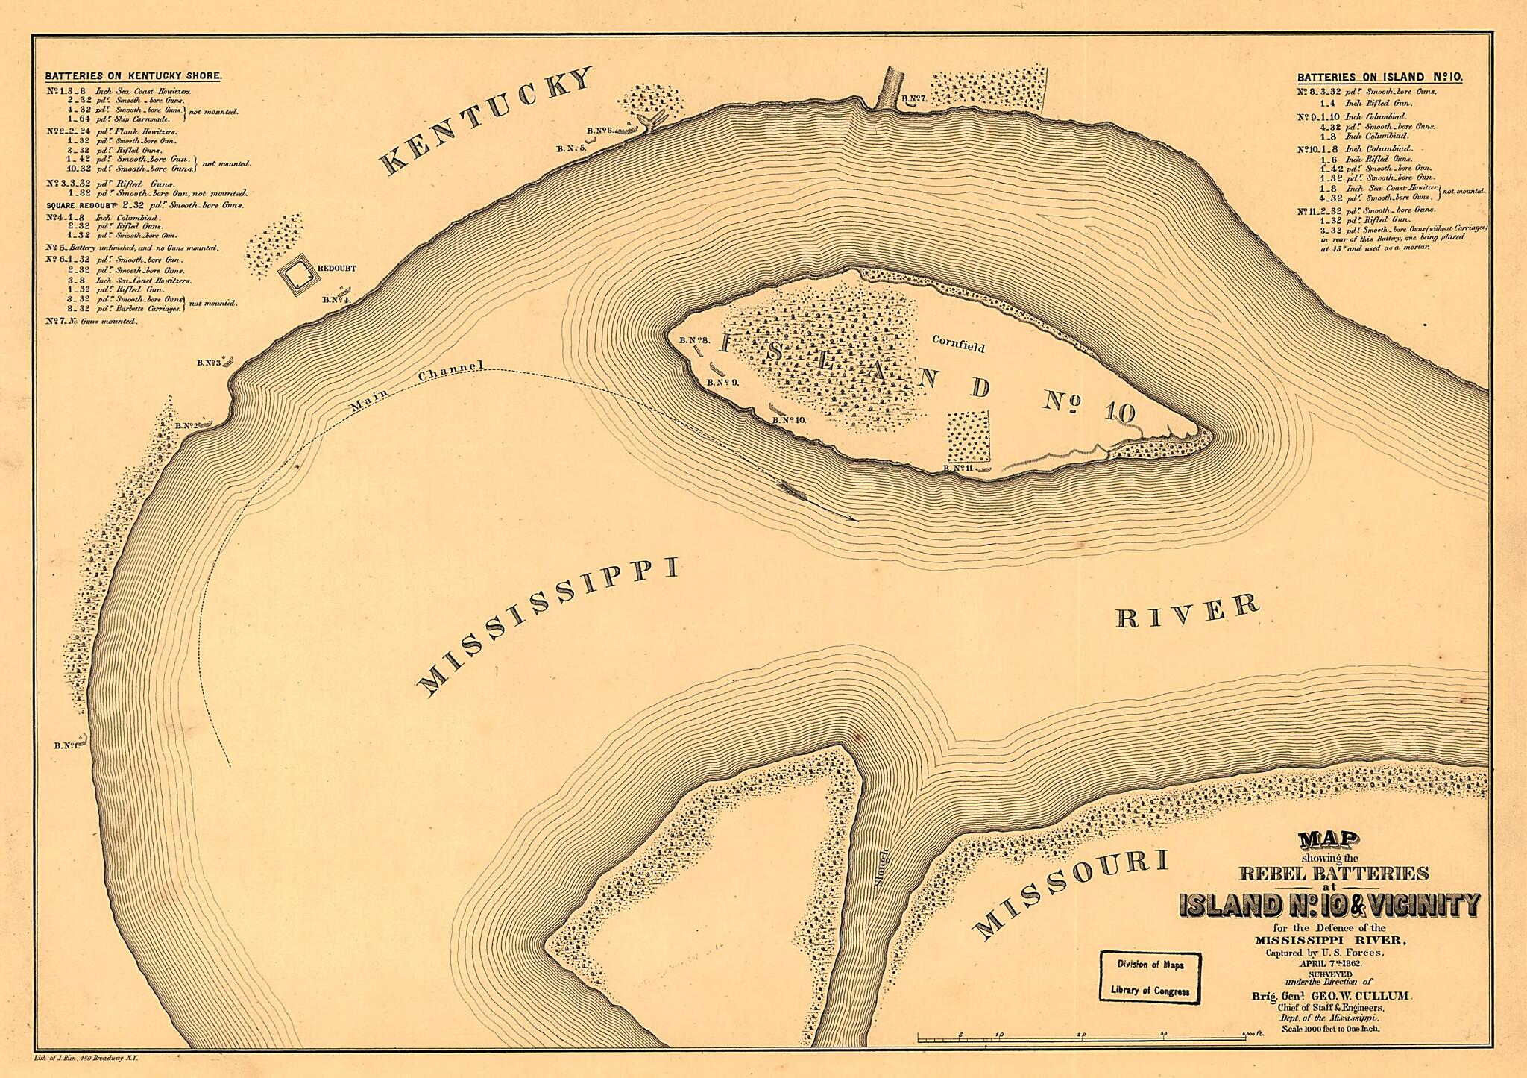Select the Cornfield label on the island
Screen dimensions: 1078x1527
pos(958,347)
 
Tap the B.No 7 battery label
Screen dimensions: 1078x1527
pos(913,98)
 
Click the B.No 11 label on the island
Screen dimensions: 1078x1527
pos(958,468)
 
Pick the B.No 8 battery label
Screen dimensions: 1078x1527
pos(694,340)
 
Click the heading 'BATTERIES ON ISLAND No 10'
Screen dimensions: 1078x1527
pos(1379,77)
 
